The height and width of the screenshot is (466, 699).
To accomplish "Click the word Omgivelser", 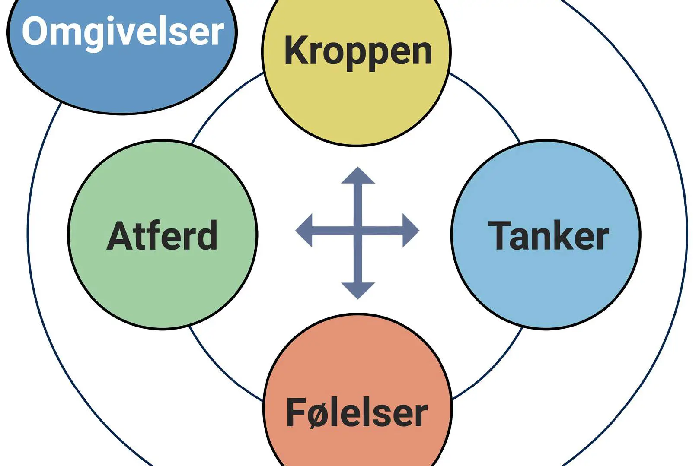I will click(123, 32).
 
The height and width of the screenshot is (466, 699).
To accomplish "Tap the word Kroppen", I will click(358, 51).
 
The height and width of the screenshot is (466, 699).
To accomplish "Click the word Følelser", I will click(357, 412).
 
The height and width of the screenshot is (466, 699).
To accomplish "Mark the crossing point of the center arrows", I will click(358, 230).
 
